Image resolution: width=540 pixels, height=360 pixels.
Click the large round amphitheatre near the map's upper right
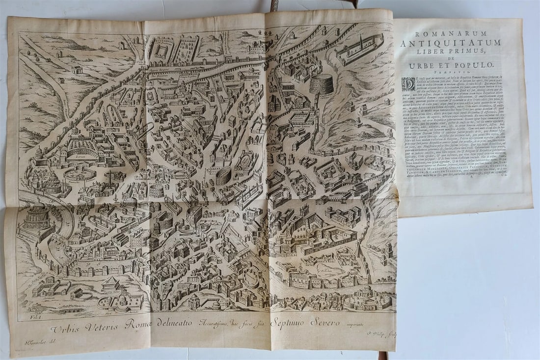(x=322, y=84)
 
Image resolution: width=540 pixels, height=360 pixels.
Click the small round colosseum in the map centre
(x=223, y=175)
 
